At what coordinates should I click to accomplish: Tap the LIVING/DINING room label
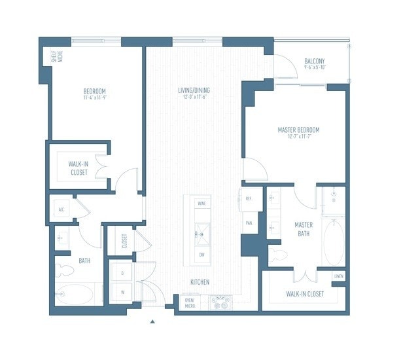coord(194,90)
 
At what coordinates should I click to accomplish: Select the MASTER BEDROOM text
coord(298,130)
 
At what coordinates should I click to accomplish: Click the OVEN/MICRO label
coord(190,302)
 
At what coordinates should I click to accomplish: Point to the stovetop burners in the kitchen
coord(220,302)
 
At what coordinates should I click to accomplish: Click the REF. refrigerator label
coord(249,198)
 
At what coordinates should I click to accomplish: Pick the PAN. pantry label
coord(249,223)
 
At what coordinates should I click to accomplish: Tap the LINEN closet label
coord(338,276)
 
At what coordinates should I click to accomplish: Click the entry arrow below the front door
coord(152,321)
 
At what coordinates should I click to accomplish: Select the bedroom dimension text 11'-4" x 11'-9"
coord(95,98)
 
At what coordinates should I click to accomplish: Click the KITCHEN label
coord(200,282)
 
